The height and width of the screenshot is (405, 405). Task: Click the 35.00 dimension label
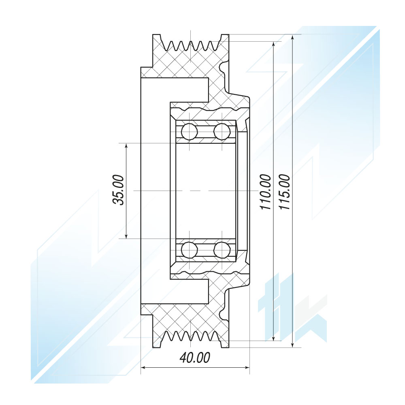(118, 190)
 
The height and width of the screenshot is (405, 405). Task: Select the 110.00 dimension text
(266, 192)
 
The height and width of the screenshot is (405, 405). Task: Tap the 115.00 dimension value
(284, 192)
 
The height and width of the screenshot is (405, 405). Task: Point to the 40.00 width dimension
(195, 358)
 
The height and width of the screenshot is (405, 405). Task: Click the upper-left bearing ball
(189, 132)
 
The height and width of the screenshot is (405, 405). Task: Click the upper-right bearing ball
(222, 132)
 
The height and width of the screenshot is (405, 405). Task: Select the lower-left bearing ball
(189, 250)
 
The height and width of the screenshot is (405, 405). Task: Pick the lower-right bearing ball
(222, 250)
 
